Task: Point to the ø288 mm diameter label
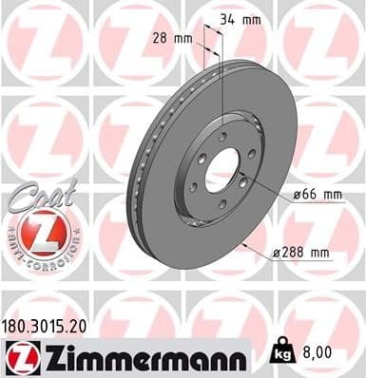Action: (x=300, y=252)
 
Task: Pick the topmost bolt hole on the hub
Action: (x=222, y=137)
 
